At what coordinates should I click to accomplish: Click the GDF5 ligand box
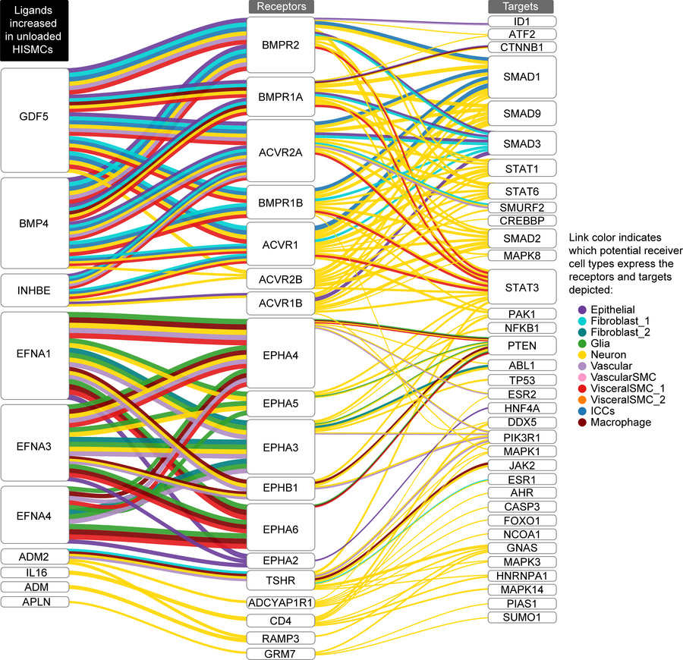click(x=35, y=120)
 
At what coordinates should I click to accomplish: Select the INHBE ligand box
click(x=35, y=291)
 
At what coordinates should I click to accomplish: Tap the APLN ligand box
click(x=35, y=602)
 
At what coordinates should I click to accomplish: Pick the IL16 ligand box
click(x=35, y=573)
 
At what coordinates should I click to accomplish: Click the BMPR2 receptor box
click(x=281, y=45)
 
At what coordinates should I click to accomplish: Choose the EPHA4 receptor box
click(x=281, y=353)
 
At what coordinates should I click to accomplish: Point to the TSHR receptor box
click(x=281, y=580)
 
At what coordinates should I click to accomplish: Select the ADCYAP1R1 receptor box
click(x=281, y=603)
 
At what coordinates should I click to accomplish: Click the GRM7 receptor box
click(x=281, y=654)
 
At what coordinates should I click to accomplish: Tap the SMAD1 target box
click(x=522, y=77)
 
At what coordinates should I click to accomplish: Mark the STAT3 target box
click(x=522, y=287)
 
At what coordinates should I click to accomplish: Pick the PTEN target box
click(x=522, y=346)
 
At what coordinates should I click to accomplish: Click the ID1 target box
click(x=522, y=21)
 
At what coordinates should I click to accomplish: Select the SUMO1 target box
click(x=522, y=618)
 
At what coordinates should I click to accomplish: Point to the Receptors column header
click(x=282, y=7)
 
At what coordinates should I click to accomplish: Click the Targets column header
click(x=521, y=7)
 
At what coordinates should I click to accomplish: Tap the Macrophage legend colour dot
click(x=582, y=423)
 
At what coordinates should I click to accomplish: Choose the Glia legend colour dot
click(x=582, y=344)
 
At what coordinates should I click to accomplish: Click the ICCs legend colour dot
click(x=582, y=411)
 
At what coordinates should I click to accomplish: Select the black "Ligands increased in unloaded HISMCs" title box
click(x=34, y=30)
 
